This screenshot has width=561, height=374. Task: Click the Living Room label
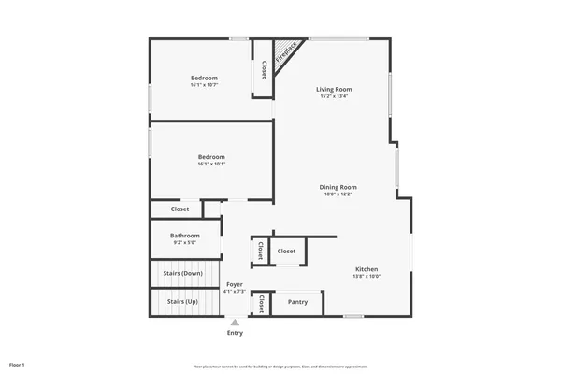coord(335,89)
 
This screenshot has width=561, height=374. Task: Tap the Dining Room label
coord(340,187)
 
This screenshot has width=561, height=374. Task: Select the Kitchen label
coord(366,268)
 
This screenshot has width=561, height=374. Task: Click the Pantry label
coord(297,302)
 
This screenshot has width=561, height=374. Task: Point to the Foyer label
coord(234,283)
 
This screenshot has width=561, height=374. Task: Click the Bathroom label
coord(184,236)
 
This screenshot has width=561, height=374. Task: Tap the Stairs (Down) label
coord(183,273)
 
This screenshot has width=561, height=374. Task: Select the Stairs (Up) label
coord(182,302)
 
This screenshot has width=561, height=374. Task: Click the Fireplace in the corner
coord(288,51)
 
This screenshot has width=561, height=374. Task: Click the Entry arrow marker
coord(235,323)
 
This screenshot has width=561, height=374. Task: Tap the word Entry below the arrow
coord(235,334)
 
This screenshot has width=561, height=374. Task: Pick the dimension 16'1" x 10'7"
coord(204,86)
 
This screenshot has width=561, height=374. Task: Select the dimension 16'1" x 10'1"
coord(210,165)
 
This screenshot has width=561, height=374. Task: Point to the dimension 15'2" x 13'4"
coord(335,96)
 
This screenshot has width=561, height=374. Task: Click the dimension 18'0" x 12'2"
coord(340,194)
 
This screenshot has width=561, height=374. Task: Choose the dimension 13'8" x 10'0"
coord(366,276)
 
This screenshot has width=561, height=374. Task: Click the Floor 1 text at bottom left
coord(17,364)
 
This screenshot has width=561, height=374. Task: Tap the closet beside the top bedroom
coord(263,68)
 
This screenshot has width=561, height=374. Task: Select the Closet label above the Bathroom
coord(180,209)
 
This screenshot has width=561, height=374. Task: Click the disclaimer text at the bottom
coord(280,365)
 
